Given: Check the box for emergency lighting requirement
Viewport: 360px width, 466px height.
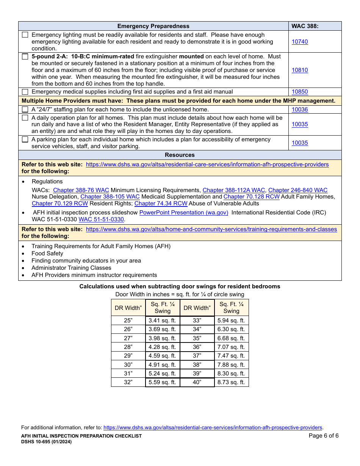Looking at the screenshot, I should [x=25, y=35].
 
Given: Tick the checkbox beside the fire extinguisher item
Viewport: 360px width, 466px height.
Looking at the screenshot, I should [x=25, y=56].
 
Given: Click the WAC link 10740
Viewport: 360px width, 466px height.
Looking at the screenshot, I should [x=300, y=42].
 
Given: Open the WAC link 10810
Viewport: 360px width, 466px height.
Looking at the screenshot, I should [x=300, y=70].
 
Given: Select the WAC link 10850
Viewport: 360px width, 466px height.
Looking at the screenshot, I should [x=300, y=92].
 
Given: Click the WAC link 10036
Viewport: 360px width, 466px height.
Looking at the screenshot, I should [x=300, y=109].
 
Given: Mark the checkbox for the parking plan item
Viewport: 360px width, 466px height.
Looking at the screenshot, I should [x=25, y=139].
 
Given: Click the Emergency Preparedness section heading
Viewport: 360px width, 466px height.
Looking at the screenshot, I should [x=153, y=26].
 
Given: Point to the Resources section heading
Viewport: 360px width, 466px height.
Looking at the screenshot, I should [x=180, y=155].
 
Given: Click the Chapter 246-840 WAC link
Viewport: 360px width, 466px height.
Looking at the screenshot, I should [x=298, y=190].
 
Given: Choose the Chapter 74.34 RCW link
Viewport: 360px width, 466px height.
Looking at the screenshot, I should [x=161, y=203].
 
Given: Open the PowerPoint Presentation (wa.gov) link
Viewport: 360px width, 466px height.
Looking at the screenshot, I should [x=184, y=213].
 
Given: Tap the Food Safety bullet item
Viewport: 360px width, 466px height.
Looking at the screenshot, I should [x=47, y=253].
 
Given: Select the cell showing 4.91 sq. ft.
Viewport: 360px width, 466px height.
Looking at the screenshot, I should [x=162, y=365].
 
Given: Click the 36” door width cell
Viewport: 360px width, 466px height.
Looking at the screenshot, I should [x=197, y=347].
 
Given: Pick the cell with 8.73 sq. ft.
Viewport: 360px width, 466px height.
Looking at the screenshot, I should [x=231, y=382].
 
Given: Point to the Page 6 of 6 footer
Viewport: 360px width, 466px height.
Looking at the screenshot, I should [x=324, y=436].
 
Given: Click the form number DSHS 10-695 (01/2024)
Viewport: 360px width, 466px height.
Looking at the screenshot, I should [x=46, y=442].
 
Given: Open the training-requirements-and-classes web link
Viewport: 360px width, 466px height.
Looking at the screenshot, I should [x=211, y=229].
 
